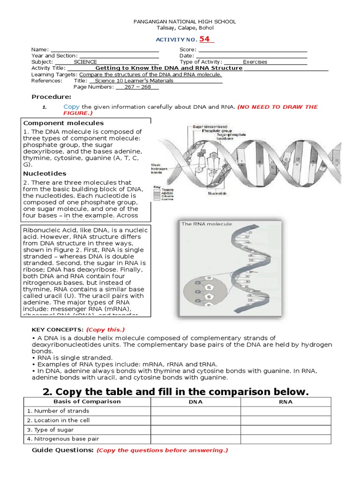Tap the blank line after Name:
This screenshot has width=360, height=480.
coord(105,50)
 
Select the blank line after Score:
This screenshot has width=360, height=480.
coord(253,50)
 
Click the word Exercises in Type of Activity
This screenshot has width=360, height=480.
coord(255,62)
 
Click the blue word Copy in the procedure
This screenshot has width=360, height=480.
coord(72,107)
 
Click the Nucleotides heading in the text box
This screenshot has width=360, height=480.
coord(45,173)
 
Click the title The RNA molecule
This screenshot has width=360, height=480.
coord(207,224)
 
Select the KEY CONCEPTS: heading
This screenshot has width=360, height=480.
coord(57,330)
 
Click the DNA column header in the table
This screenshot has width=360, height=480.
coord(195,402)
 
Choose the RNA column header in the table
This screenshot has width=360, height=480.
coord(285,402)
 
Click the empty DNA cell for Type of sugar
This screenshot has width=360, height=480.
coord(195,430)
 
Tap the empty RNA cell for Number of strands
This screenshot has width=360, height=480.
coord(285,411)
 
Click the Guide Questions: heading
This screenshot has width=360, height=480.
coord(62,450)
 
